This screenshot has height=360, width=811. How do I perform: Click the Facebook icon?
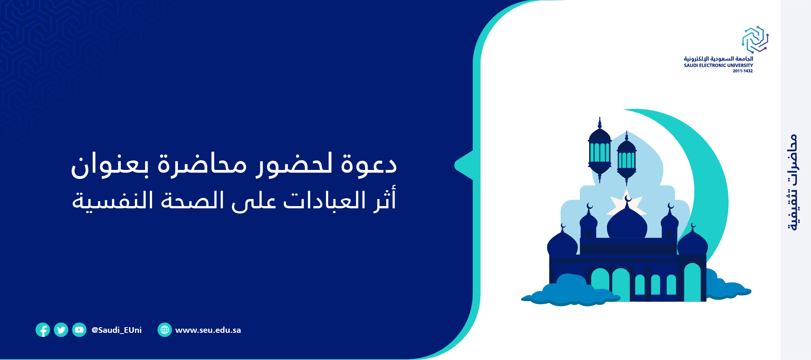[43, 330]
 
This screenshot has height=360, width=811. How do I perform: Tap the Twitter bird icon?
[61, 330]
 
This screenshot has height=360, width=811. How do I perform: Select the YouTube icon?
[79, 330]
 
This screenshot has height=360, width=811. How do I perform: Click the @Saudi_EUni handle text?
[116, 330]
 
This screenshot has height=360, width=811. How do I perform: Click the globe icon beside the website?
[164, 330]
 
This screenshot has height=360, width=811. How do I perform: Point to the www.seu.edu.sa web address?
[208, 330]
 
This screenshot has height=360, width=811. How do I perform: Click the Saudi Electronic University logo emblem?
[755, 40]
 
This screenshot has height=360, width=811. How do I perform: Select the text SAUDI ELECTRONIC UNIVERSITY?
[718, 65]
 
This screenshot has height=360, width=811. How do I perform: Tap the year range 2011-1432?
[742, 71]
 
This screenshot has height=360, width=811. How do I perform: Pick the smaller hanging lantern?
[626, 158]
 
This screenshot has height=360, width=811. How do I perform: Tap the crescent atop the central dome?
[628, 198]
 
